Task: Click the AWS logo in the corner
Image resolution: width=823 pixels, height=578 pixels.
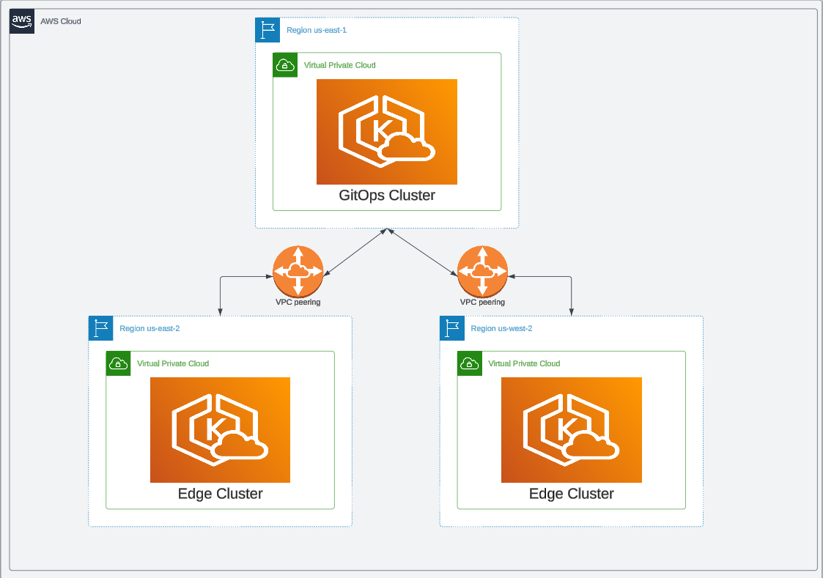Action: tap(21, 21)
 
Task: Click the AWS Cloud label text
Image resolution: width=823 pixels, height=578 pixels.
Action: tap(61, 21)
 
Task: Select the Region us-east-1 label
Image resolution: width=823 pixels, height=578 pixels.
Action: tap(317, 30)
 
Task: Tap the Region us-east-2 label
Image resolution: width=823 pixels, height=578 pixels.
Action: tap(150, 328)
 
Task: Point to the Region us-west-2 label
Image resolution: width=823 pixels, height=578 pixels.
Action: tap(501, 328)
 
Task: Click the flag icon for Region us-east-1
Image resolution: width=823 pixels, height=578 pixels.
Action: tap(267, 30)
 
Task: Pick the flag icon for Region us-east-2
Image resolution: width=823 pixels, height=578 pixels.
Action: tap(100, 328)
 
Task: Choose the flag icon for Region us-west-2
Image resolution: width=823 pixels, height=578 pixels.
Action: tap(452, 328)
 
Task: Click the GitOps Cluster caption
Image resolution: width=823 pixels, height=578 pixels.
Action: tap(387, 196)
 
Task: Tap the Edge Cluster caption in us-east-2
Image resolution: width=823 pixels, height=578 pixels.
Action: tap(220, 494)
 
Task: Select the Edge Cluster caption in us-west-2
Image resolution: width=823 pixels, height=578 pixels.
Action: tap(572, 494)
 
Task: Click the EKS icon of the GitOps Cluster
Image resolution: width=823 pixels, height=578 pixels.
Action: tap(387, 132)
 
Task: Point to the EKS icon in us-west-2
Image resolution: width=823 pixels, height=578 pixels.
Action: tap(572, 430)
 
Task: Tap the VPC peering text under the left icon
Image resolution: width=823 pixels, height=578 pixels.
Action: tap(298, 302)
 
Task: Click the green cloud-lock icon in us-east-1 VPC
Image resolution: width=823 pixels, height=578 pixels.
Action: tap(285, 65)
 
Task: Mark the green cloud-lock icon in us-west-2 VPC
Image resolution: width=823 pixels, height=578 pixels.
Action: tap(470, 363)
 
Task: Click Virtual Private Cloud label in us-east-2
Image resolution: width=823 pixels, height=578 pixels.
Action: tap(173, 363)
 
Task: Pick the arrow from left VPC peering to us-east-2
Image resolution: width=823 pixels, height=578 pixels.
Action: tap(221, 293)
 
